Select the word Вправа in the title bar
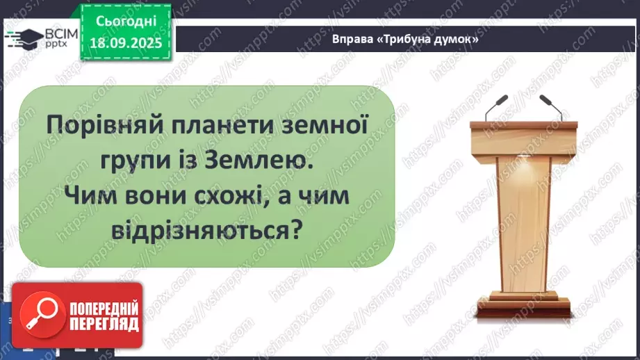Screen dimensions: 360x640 coord(351,40)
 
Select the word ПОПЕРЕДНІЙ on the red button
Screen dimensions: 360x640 coord(102,309)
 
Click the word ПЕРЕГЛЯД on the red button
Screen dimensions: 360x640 coord(102,324)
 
